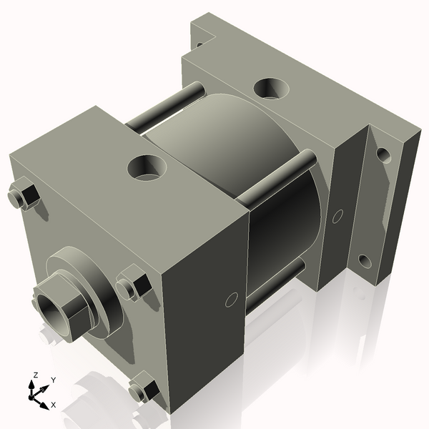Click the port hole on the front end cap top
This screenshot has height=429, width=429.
tap(147, 168)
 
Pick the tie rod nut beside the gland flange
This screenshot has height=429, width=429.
tap(133, 285)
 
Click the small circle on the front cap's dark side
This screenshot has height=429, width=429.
tap(231, 299)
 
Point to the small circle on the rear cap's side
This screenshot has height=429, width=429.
tap(338, 213)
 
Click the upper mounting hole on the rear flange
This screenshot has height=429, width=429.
tap(384, 154)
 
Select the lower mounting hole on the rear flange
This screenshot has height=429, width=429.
tap(365, 261)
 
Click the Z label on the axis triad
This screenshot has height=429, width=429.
tap(34, 375)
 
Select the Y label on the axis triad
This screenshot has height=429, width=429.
tap(54, 380)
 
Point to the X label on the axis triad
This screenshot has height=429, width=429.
tap(54, 405)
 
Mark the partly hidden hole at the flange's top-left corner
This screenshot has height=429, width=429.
tap(199, 43)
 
